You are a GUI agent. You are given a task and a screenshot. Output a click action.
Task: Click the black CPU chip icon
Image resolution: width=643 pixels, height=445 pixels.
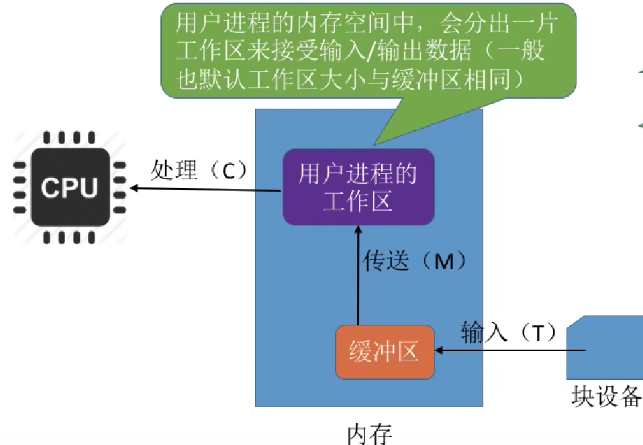[69, 187]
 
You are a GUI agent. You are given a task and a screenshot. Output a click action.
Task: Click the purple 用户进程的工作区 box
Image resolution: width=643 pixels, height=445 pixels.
[358, 187]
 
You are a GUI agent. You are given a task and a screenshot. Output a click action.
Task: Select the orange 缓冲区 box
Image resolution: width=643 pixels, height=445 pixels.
[385, 351]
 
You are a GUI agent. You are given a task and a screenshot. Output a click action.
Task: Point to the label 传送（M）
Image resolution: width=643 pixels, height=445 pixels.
[414, 261]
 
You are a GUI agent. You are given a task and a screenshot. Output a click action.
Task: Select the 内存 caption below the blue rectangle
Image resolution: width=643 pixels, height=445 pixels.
[369, 433]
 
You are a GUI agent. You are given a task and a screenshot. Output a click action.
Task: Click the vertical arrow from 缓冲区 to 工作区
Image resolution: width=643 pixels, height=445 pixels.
[358, 275]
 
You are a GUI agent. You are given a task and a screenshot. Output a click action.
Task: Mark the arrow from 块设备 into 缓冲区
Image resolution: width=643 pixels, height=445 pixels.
[510, 350]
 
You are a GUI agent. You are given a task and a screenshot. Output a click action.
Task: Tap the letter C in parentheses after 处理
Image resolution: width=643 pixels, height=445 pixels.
[229, 172]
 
